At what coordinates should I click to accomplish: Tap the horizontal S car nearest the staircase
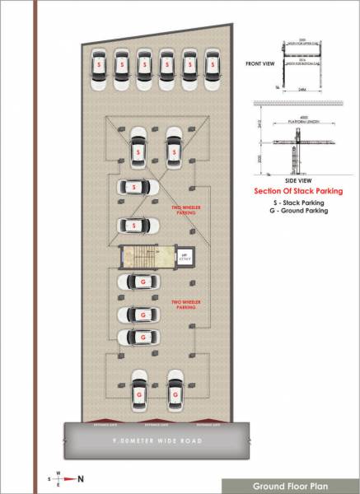[x=138, y=224]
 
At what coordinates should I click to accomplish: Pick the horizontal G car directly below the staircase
[x=138, y=282]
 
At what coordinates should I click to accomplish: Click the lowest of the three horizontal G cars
[x=138, y=337]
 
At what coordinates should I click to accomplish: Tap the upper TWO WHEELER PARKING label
[x=183, y=210]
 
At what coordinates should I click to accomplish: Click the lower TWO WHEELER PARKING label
[x=183, y=305]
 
